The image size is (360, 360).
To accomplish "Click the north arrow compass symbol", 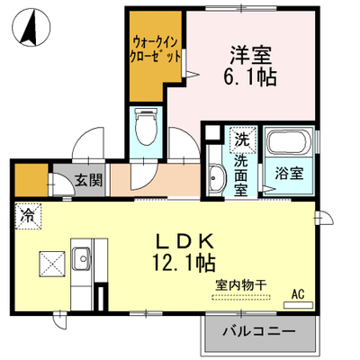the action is coord(31,26).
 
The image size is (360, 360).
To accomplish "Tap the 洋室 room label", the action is coord(250,55).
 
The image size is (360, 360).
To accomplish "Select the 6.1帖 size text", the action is coord(249,77).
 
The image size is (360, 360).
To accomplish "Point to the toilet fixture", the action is coord(146,127).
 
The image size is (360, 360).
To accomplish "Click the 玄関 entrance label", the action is coord(88,180).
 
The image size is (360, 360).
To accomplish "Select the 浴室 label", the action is coord(289,173).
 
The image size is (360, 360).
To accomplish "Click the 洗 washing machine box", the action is coord(242,140).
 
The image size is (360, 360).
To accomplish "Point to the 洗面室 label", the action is coord(241,175).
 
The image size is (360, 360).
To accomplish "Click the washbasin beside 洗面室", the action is coord(216,178).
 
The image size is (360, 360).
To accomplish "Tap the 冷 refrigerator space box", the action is coord(28,216).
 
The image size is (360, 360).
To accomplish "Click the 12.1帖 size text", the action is coord(184,263).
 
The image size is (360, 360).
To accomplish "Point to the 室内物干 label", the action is coord(240,285).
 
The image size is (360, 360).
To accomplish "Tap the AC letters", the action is coord(298,294).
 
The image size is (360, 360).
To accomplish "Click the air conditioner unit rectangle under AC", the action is coord(298,305).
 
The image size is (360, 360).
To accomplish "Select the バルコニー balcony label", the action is coord(259,332).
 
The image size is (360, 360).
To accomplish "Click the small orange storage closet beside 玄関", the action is coord(31,180).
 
